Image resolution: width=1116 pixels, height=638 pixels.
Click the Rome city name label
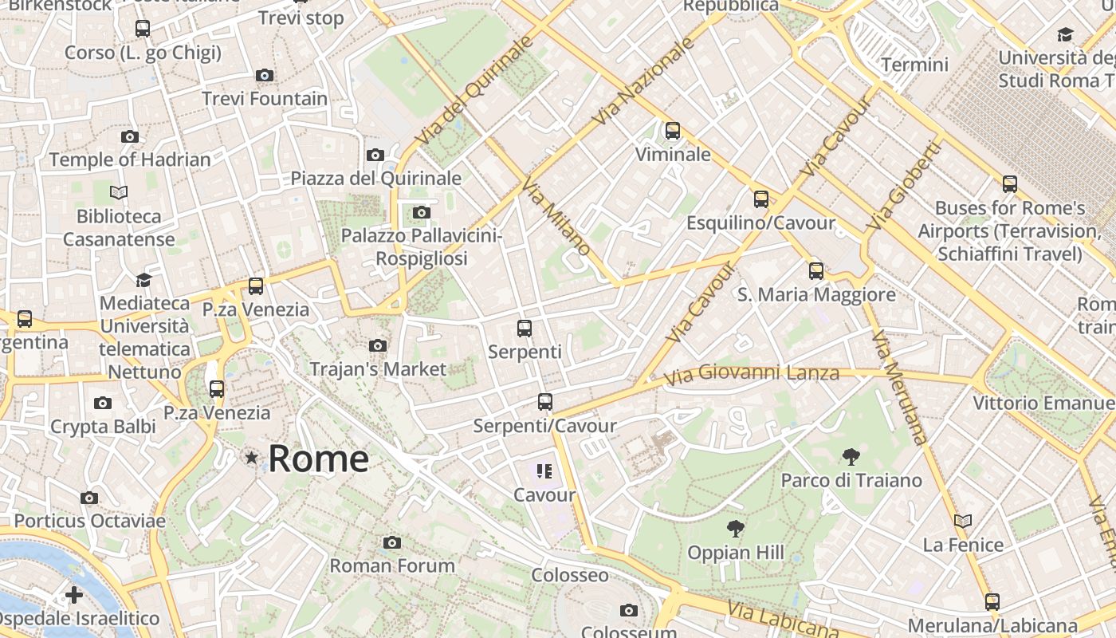(x=318, y=459)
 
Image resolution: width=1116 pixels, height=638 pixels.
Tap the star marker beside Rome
(x=252, y=458)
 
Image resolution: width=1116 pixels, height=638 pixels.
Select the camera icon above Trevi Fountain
(x=265, y=75)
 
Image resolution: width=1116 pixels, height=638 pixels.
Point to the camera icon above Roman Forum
(x=391, y=542)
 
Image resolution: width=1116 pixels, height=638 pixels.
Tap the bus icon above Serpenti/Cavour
(x=545, y=402)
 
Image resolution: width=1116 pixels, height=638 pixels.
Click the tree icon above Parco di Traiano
(x=851, y=457)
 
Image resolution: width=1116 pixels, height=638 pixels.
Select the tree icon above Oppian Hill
(x=735, y=528)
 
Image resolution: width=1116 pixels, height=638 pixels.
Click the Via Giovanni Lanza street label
(x=752, y=372)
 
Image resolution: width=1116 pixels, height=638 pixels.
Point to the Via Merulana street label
(x=900, y=388)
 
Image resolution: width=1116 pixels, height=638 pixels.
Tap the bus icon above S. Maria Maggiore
(x=815, y=270)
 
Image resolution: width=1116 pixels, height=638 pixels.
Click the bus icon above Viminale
(x=673, y=130)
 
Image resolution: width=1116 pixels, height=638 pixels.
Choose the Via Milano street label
(x=556, y=216)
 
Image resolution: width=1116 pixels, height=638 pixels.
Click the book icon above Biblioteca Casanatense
(x=119, y=192)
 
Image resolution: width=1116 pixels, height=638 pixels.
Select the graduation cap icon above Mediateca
(x=143, y=280)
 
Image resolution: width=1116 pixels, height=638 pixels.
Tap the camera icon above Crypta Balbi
(x=103, y=403)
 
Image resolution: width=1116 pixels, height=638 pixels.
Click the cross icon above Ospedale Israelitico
(x=74, y=595)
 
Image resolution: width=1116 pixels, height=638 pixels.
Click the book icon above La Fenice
(x=963, y=521)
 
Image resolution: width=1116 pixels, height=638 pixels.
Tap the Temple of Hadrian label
(x=130, y=159)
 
